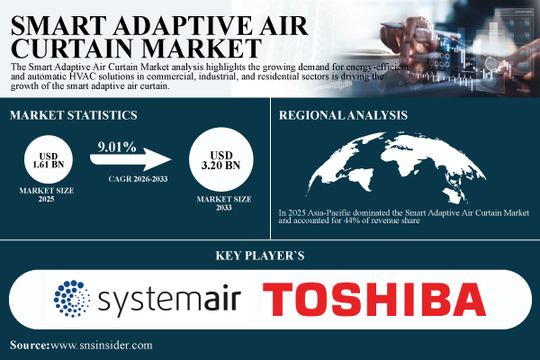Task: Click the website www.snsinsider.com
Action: [x=103, y=345]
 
